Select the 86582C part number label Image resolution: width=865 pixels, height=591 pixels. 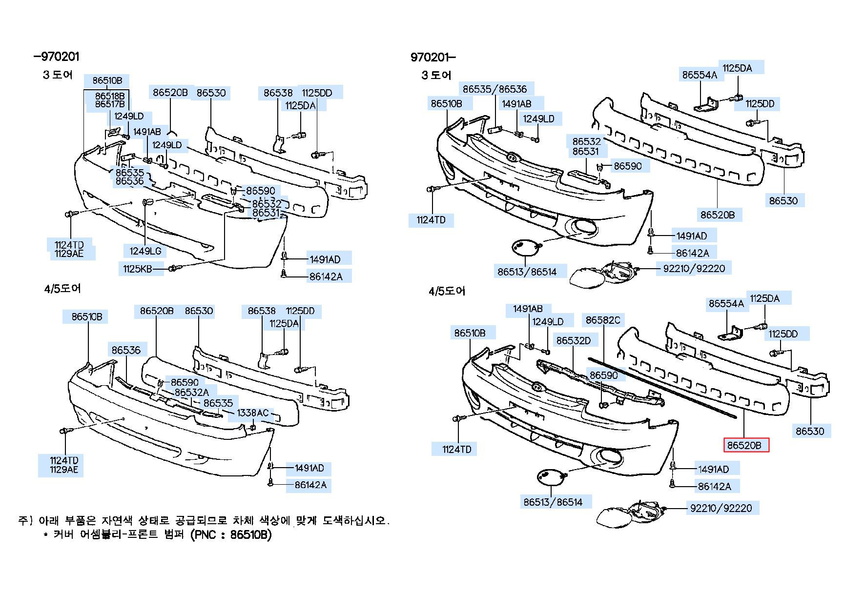coord(602,320)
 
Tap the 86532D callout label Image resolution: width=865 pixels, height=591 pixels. coord(574,340)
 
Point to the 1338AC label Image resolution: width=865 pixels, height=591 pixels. coord(253,413)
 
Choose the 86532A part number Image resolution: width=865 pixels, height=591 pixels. coord(191,392)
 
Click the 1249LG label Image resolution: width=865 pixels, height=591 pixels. coord(145,251)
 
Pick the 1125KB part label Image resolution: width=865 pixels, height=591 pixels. coord(137,269)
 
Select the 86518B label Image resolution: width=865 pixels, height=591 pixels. coord(110,96)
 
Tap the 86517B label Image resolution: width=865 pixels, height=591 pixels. coord(110,104)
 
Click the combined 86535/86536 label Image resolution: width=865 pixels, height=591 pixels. coord(495,89)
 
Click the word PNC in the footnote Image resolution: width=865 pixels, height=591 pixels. coord(205,535)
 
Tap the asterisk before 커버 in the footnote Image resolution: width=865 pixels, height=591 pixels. coord(46,535)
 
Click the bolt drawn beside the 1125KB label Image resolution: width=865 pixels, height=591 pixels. coord(175,268)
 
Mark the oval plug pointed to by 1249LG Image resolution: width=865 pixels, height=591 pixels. coord(148,202)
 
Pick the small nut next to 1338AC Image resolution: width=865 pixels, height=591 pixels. coord(253,428)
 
